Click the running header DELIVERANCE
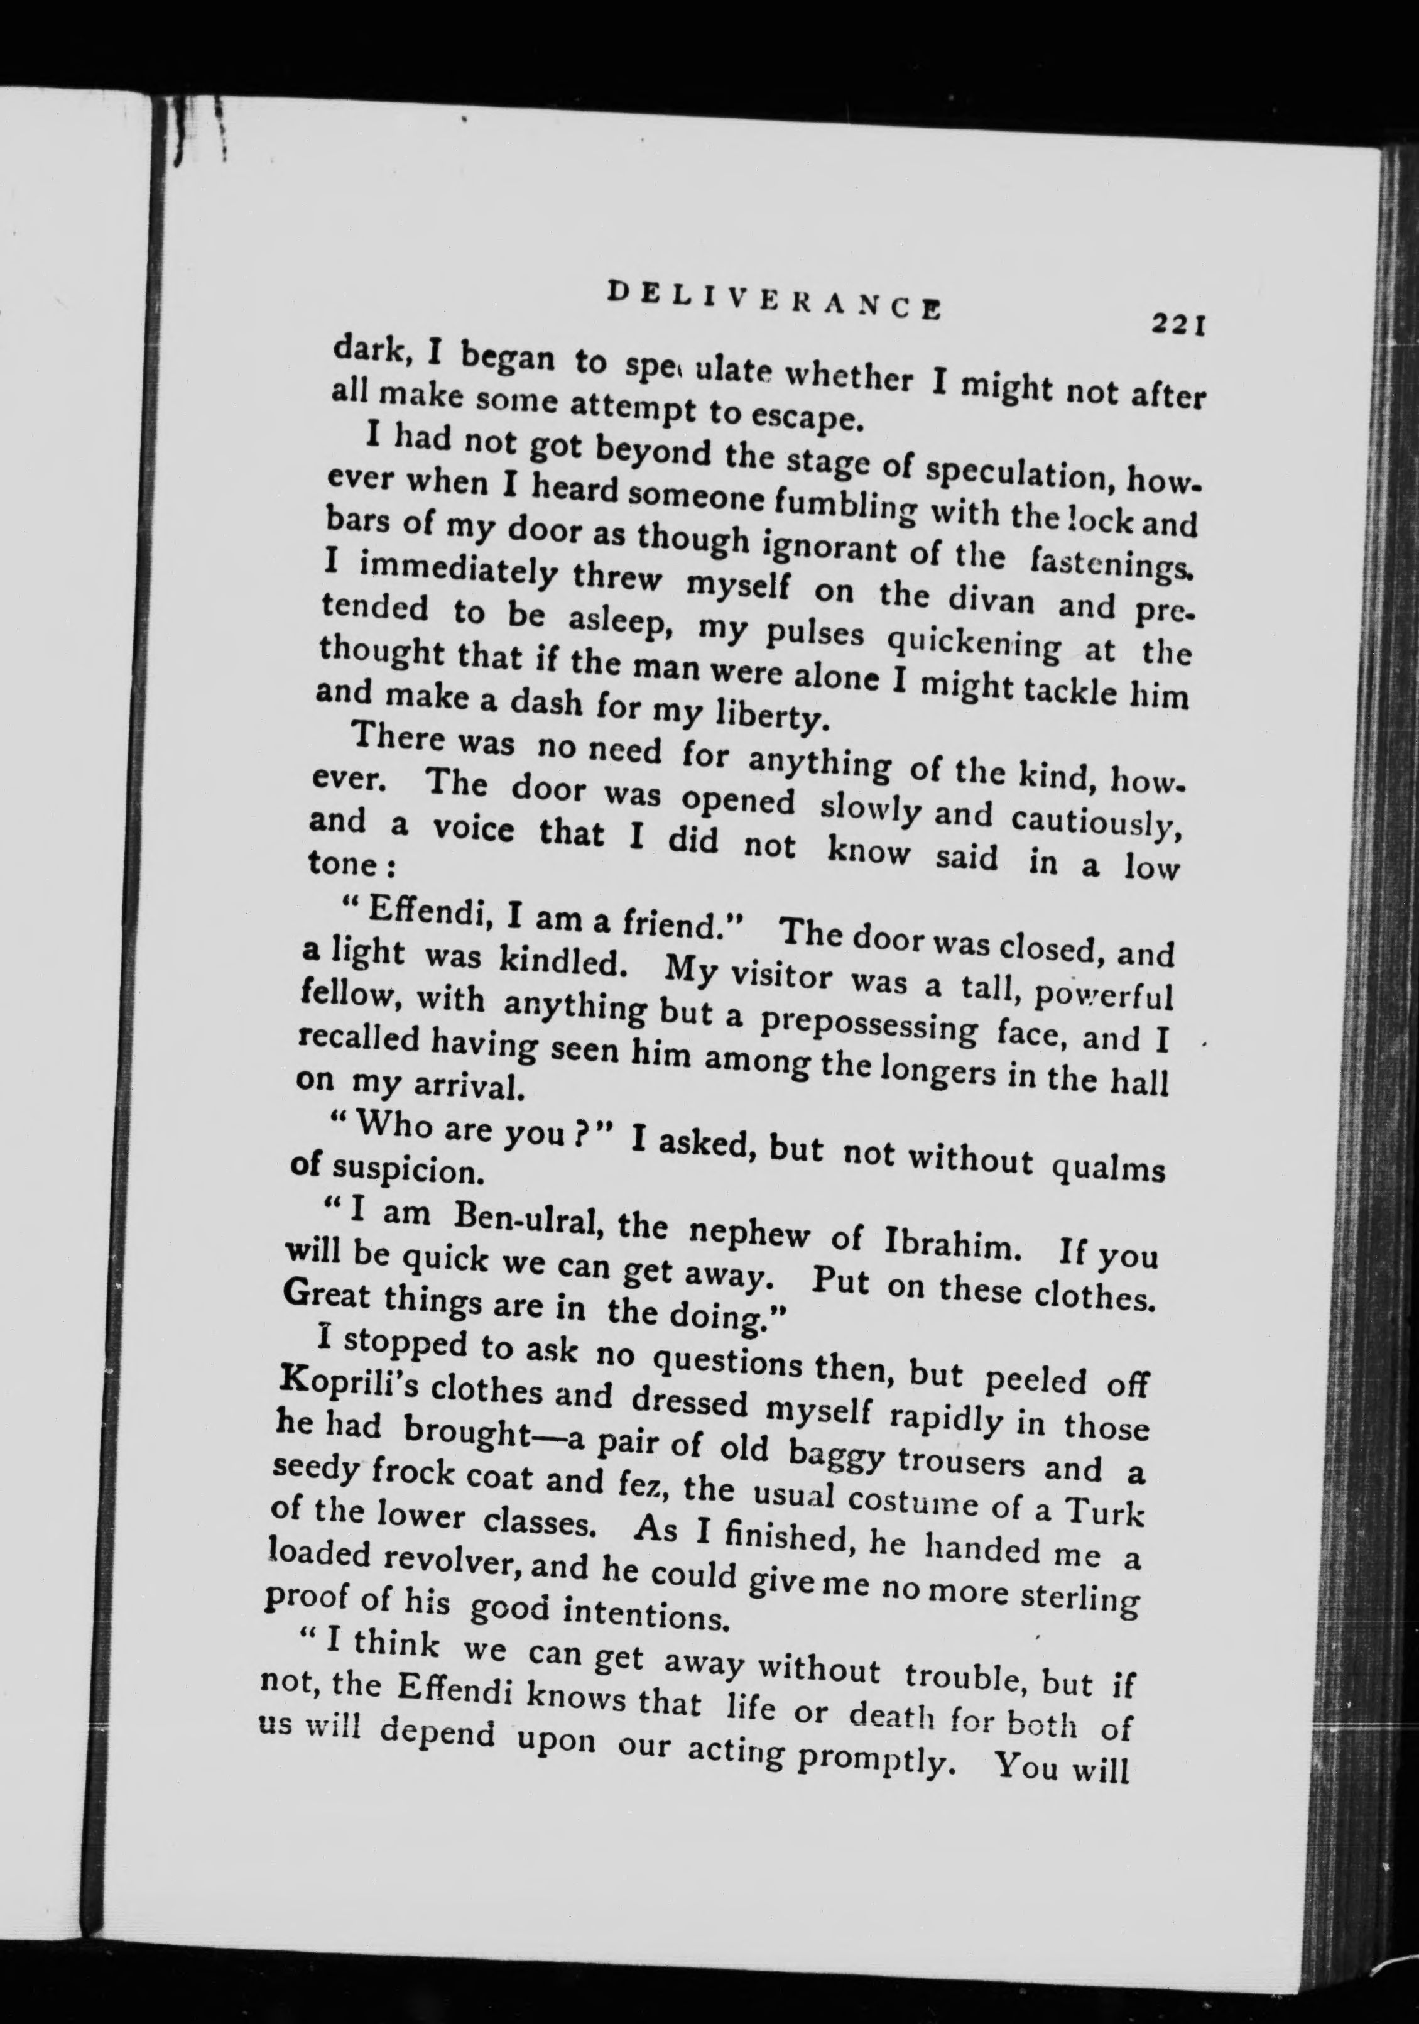(773, 302)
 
